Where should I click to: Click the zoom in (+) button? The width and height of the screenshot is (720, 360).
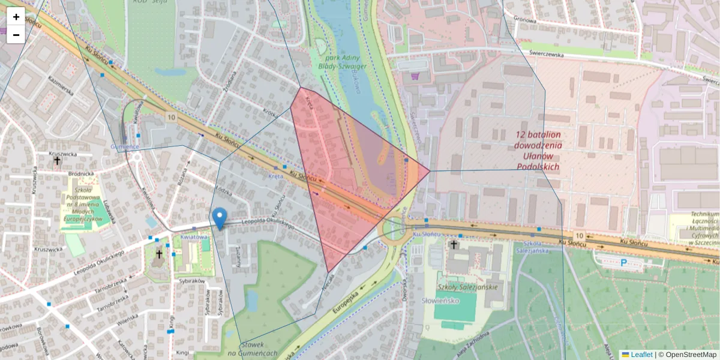point(16,17)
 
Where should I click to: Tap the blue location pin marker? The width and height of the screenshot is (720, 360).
point(220,218)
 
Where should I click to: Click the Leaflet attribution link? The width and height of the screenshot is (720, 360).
point(641,355)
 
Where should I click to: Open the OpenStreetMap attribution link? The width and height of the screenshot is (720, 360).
point(689,355)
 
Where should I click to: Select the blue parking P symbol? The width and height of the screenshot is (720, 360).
point(623,262)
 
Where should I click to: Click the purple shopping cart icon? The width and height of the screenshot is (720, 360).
point(415,76)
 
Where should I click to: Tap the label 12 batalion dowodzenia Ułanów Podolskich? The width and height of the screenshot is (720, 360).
point(538,150)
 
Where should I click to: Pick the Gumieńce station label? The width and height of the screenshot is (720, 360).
point(125,146)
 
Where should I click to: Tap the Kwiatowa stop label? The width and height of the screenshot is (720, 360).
point(193,237)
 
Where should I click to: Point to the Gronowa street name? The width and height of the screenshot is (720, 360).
point(525,19)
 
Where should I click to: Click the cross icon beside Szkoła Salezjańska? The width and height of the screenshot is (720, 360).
point(454,245)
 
